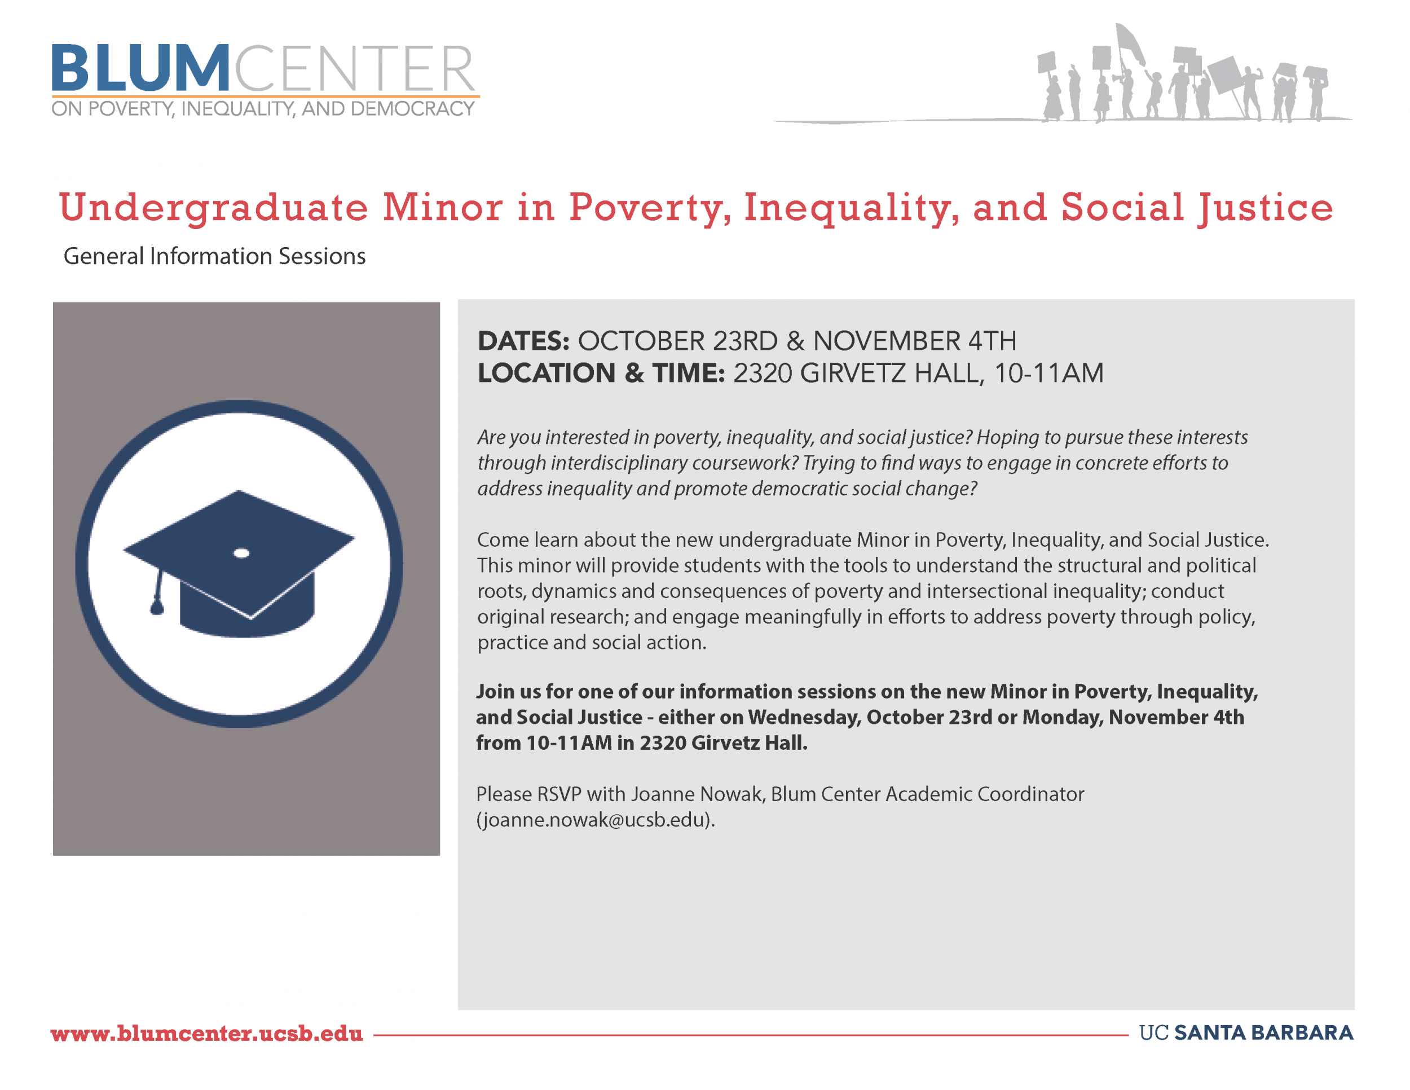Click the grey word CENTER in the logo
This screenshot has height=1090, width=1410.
point(354,68)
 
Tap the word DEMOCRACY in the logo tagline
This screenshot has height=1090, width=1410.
point(412,108)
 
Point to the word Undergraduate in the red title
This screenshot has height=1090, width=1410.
point(213,209)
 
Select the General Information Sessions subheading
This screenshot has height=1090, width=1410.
point(214,256)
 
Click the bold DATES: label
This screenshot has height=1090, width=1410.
point(523,341)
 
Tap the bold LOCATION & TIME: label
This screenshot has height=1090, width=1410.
point(602,373)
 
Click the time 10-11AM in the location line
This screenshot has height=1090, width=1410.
point(1048,373)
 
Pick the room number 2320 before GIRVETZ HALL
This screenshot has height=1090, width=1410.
point(763,373)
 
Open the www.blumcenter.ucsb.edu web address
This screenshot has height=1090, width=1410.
point(206,1033)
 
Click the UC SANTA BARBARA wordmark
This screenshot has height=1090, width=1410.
point(1246,1032)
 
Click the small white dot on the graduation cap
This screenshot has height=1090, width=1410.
point(241,553)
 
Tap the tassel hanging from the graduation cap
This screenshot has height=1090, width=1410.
point(157,591)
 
